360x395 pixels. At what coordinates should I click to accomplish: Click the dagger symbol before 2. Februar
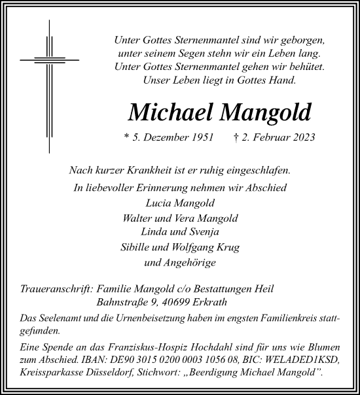[x=253, y=138]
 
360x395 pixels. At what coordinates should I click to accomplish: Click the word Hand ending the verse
[x=283, y=81]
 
